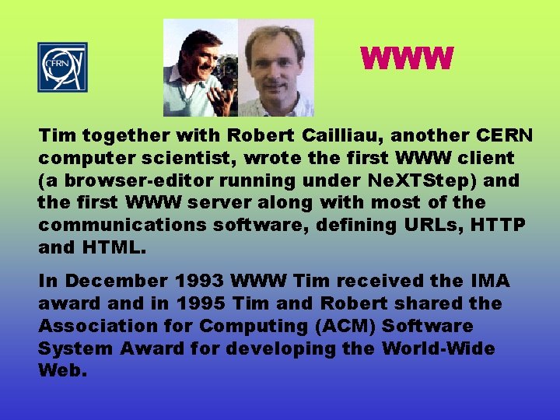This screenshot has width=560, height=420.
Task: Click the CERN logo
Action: click(x=62, y=67)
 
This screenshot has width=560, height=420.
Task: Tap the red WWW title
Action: click(x=406, y=59)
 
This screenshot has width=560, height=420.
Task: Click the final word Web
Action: click(x=61, y=370)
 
